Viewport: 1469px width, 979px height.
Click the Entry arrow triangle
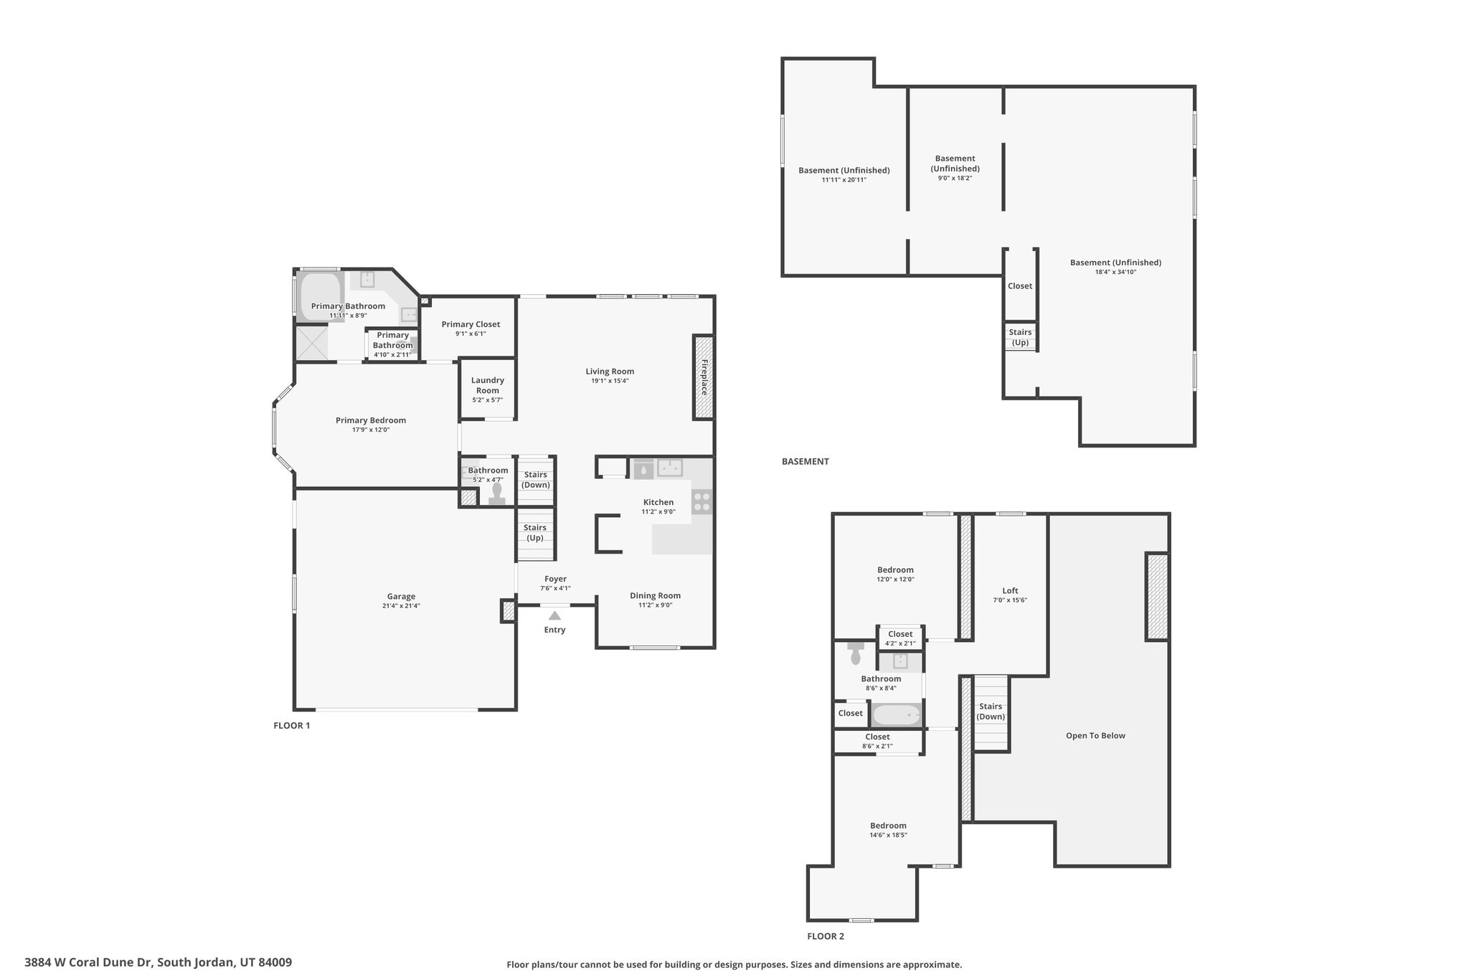click(554, 615)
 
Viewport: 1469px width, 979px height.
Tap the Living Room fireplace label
click(704, 377)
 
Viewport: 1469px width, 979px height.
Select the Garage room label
click(401, 596)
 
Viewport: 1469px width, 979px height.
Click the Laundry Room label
click(488, 385)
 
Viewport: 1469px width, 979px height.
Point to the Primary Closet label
click(471, 324)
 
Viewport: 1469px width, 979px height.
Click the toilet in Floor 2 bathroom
click(855, 654)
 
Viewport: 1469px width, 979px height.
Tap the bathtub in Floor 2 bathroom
click(896, 714)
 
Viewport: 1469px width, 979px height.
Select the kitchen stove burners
click(702, 501)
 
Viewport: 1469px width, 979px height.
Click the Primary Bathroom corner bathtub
click(320, 295)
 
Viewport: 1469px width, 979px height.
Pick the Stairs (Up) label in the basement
click(1020, 337)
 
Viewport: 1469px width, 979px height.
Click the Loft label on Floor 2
click(1010, 591)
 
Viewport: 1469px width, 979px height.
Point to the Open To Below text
click(1095, 735)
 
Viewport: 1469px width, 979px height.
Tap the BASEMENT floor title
click(805, 461)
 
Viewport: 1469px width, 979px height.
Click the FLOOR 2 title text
click(826, 936)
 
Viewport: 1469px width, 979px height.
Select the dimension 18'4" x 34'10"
click(1115, 272)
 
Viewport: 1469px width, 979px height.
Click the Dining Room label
click(655, 595)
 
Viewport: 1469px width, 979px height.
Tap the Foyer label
click(555, 579)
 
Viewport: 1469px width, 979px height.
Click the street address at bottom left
click(159, 962)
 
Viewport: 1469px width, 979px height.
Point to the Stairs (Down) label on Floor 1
click(535, 480)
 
